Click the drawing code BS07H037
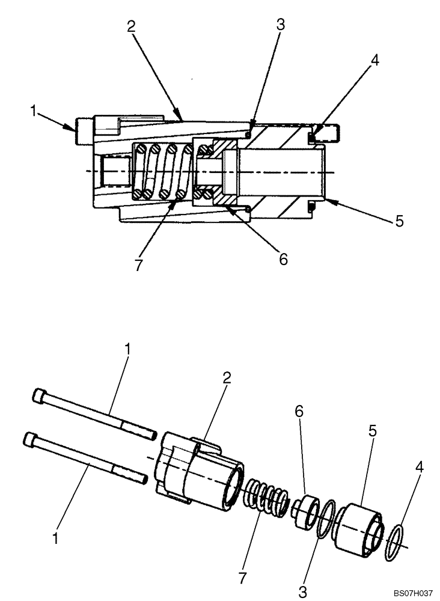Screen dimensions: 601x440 click(406, 592)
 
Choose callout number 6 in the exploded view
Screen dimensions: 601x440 click(299, 412)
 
